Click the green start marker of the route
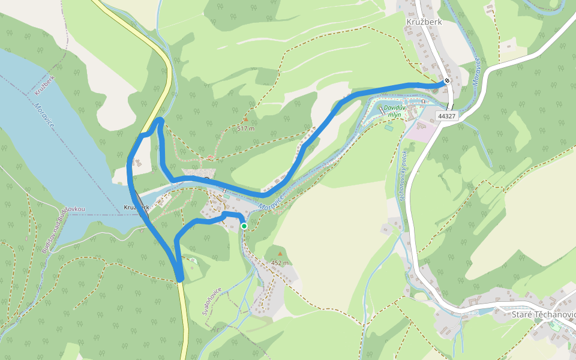(244, 226)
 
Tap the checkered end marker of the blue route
(447, 82)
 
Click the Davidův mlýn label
(395, 111)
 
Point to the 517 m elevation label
(246, 128)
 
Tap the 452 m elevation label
(280, 263)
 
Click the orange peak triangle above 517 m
(245, 119)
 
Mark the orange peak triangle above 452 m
(280, 254)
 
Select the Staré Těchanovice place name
(543, 314)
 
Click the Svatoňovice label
(212, 301)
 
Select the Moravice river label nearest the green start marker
(271, 202)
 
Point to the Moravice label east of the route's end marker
(478, 70)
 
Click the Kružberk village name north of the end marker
(424, 22)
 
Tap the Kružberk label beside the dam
(136, 208)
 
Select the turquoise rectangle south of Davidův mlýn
(389, 127)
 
